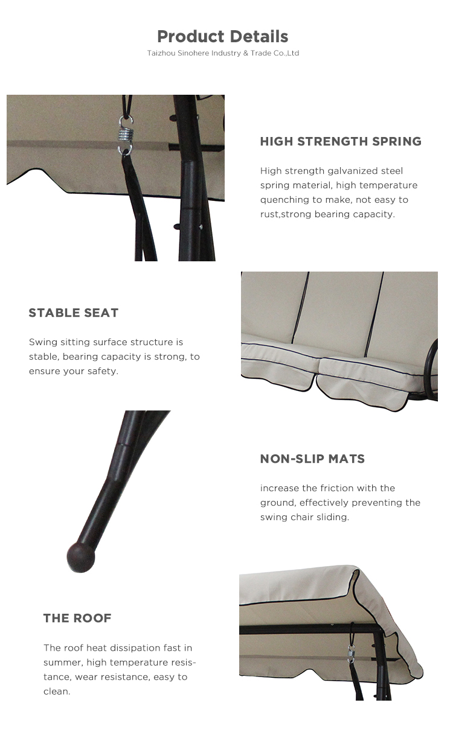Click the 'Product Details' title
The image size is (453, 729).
coord(223,36)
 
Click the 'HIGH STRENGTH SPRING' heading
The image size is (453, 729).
coord(341,141)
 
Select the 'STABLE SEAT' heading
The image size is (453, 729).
coord(74,313)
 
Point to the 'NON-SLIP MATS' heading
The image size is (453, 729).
coord(312,459)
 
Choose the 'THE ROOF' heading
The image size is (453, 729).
coord(77,619)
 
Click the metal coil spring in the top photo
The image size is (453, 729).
coord(126,135)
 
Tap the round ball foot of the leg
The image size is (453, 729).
coord(81,557)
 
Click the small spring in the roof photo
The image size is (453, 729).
coord(351,654)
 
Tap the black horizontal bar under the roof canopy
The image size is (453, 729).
coord(309,629)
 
